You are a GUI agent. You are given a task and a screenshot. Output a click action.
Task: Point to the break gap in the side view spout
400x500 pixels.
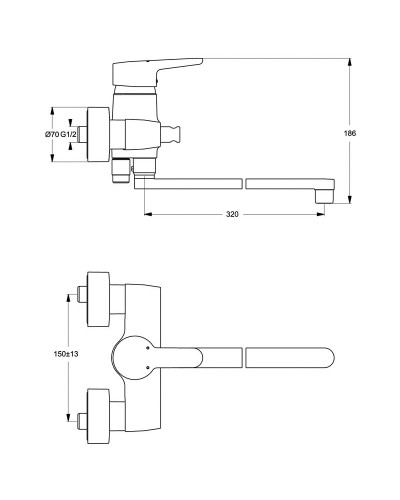coord(244,183)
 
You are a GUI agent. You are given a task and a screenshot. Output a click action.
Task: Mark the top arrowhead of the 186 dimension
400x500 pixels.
coord(348,56)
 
